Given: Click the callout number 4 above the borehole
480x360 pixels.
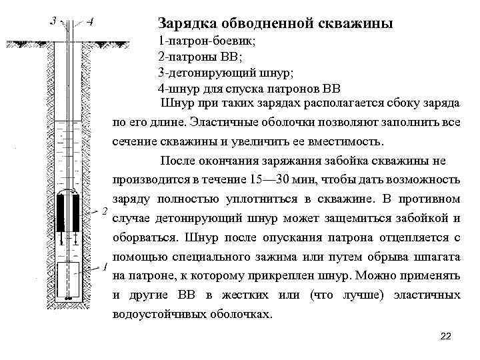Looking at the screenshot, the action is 89,21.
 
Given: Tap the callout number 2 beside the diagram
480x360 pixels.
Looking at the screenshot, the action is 104,211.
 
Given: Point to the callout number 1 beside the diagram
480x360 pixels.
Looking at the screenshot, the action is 104,267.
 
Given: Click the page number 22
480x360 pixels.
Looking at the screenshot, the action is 446,335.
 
